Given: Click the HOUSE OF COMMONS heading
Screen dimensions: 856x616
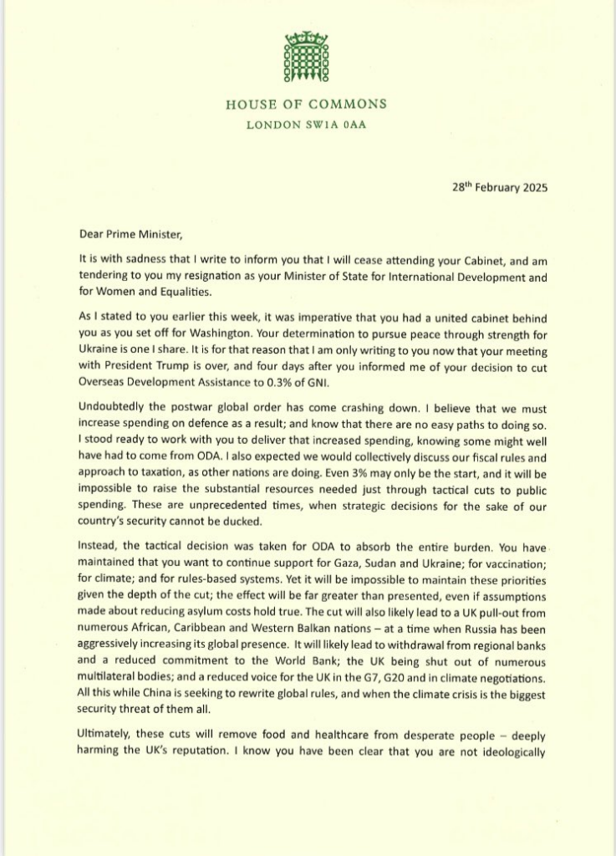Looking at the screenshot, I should pos(307,104).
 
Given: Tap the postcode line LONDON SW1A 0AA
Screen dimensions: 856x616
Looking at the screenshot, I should pos(307,125).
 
